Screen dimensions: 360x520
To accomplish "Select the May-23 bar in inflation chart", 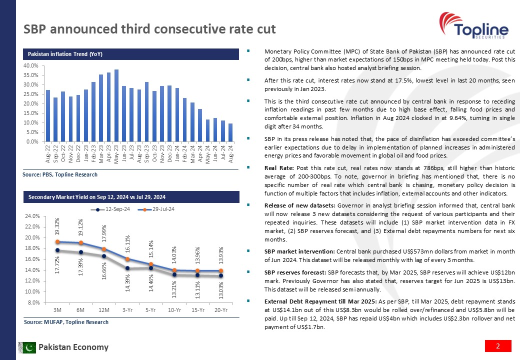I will pyautogui.click(x=116, y=105).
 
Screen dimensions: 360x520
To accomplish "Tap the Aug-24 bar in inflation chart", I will pyautogui.click(x=230, y=132).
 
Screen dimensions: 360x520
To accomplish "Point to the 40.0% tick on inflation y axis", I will pyautogui.click(x=32, y=65).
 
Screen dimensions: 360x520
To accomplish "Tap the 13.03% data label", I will pyautogui.click(x=220, y=290).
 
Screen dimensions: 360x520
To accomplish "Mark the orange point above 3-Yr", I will pyautogui.click(x=127, y=259).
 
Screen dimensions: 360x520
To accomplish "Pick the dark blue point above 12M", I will pyautogui.click(x=104, y=256).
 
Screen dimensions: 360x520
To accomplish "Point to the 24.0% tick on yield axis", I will pyautogui.click(x=32, y=216).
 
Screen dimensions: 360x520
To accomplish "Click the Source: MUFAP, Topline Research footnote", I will pyautogui.click(x=66, y=322).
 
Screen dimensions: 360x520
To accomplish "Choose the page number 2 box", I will pyautogui.click(x=498, y=346).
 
